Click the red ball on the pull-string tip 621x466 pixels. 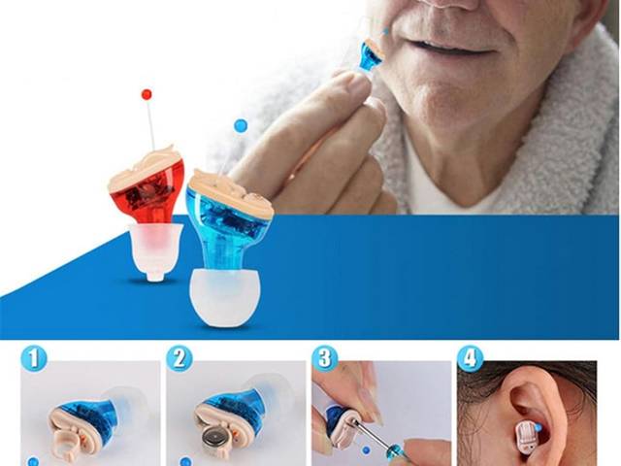(x=147, y=94)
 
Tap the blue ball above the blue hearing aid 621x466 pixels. (x=241, y=125)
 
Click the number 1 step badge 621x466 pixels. (x=33, y=359)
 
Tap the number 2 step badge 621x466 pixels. (x=179, y=359)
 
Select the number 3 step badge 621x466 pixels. (x=324, y=359)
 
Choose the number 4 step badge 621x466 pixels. (x=471, y=359)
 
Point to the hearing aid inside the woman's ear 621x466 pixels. (x=526, y=434)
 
